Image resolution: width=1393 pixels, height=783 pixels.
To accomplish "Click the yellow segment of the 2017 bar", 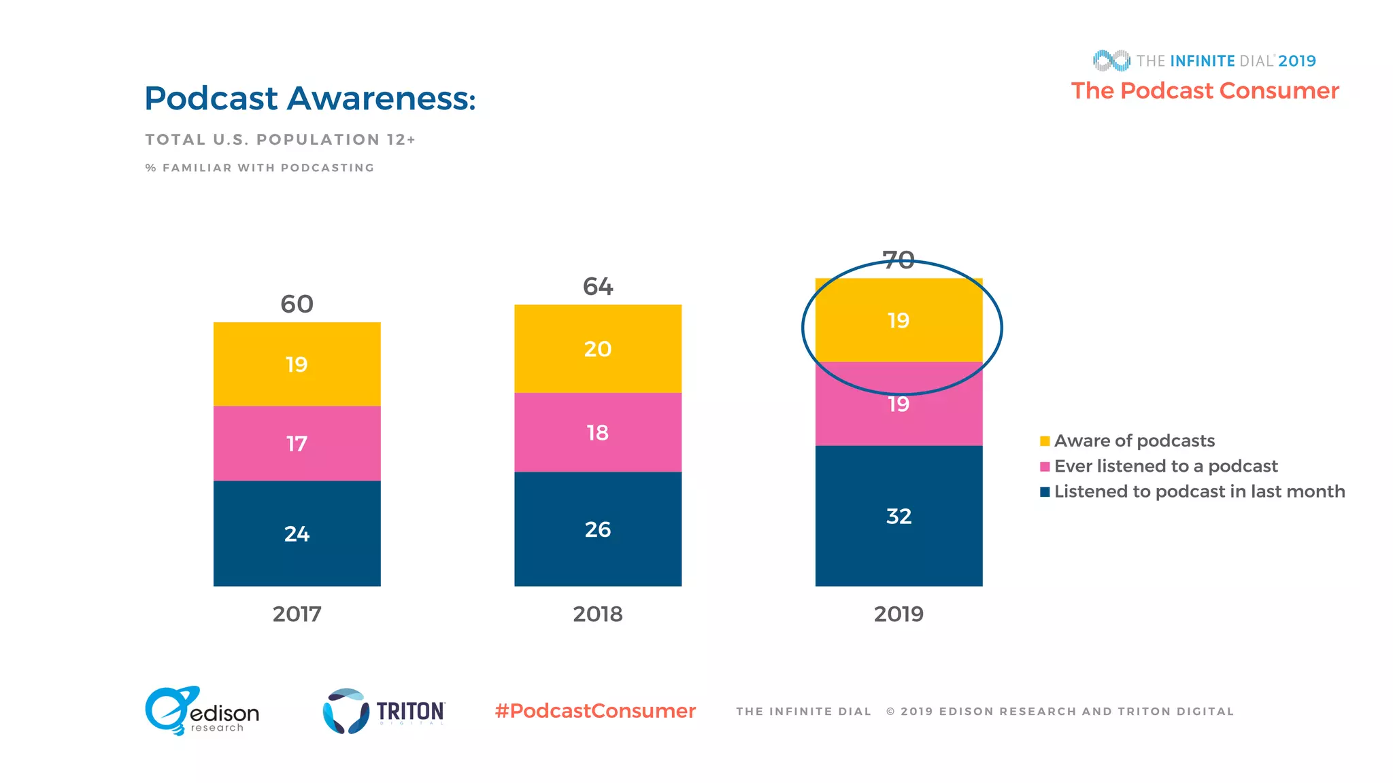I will tap(297, 364).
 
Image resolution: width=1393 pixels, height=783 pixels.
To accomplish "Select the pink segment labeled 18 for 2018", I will tap(597, 432).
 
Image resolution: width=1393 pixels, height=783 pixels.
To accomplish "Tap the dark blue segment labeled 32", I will tap(898, 516).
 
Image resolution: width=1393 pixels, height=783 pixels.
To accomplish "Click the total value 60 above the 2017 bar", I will tap(297, 304).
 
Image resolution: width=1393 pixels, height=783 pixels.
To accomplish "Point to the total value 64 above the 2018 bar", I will tap(597, 286).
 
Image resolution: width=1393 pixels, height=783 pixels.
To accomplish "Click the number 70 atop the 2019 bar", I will tap(898, 260).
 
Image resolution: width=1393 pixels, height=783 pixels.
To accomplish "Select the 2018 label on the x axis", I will tap(597, 614).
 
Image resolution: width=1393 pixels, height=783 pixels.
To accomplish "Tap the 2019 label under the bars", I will tap(898, 614).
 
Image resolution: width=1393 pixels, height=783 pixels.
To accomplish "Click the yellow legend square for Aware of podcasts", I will tap(1045, 441).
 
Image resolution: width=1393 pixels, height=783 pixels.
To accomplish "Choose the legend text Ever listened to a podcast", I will tap(1166, 466).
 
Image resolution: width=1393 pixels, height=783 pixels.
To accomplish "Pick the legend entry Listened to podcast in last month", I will tap(1199, 491).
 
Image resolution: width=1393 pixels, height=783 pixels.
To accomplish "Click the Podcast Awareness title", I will tap(309, 99).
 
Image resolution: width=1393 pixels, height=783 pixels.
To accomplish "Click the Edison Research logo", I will tap(202, 711).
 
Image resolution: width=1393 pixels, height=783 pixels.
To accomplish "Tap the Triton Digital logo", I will tap(384, 711).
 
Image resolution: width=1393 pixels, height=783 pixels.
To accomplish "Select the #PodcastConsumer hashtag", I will tap(595, 711).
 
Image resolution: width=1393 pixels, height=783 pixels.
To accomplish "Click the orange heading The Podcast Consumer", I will tap(1205, 90).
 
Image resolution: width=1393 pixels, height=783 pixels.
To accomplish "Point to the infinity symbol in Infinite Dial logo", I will tap(1111, 60).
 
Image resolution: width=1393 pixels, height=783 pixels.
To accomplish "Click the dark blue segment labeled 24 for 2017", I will tap(297, 534).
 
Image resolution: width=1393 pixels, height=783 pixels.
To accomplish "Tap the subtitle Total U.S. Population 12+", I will tap(280, 139).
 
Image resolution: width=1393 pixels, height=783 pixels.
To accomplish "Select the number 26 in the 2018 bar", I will tap(597, 529).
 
